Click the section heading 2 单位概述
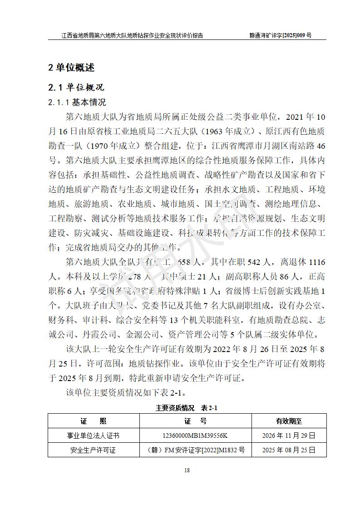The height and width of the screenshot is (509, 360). [71, 68]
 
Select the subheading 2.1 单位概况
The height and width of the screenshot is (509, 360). [76, 87]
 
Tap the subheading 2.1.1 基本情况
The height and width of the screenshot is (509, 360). [77, 103]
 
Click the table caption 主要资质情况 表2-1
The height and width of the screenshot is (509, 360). [187, 408]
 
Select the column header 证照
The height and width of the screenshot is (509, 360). [94, 421]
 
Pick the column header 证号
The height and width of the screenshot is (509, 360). [196, 421]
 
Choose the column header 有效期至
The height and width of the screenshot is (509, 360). [289, 421]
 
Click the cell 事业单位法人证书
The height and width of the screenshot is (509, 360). [94, 436]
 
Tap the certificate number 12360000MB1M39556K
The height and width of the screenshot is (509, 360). [196, 436]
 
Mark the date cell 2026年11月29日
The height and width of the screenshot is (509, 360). [289, 436]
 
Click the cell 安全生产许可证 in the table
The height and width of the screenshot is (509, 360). [94, 450]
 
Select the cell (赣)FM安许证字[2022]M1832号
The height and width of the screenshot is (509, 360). [196, 450]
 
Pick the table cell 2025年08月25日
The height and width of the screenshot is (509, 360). [289, 450]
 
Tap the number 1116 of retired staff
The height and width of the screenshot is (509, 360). [316, 262]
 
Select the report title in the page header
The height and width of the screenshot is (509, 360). [132, 35]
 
